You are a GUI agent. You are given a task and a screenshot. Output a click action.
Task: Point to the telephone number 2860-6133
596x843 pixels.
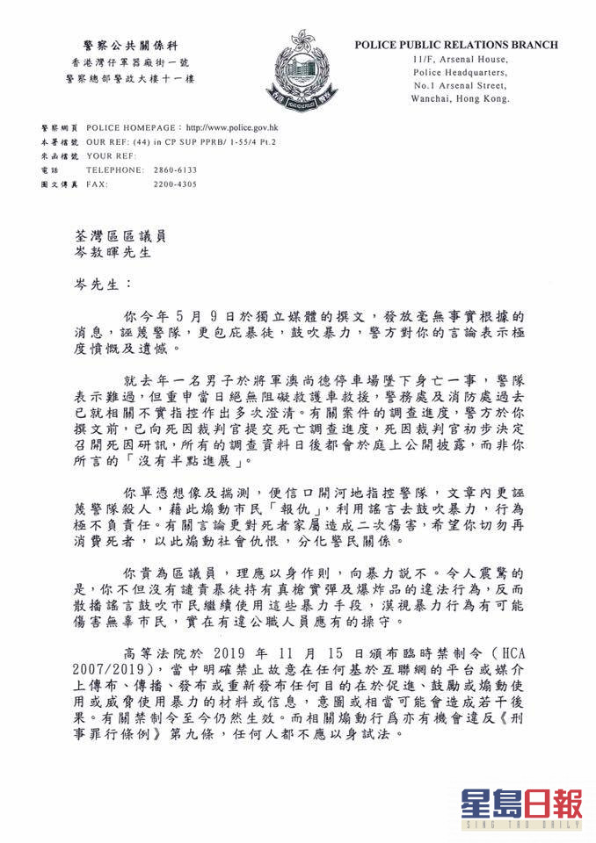click(178, 169)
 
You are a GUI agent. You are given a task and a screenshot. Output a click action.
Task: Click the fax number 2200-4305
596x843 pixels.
click(178, 184)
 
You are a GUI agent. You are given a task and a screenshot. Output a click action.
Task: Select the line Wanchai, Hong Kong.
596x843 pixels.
click(460, 100)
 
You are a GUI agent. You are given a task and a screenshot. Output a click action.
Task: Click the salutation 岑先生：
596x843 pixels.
click(100, 286)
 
